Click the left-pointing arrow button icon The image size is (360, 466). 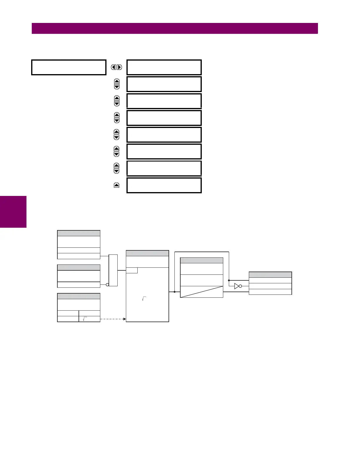tap(114, 67)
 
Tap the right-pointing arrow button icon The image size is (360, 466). tap(119, 67)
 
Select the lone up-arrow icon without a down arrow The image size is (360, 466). tap(116, 185)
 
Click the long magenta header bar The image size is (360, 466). tap(175, 29)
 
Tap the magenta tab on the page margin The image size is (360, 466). tap(13, 212)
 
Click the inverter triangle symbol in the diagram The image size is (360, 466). tap(236, 286)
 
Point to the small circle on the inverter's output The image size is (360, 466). tap(240, 286)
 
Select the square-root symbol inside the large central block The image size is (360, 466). tap(144, 299)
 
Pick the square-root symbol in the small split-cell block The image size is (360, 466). tap(85, 319)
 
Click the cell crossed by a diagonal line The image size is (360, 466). tap(201, 292)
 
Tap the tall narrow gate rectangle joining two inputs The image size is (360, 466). tap(113, 270)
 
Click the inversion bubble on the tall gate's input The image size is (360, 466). tap(107, 285)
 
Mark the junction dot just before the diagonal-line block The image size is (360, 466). tap(175, 292)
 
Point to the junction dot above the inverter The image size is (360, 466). tap(229, 280)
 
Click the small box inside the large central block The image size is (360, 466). tap(132, 270)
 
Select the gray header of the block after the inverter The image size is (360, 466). tap(270, 275)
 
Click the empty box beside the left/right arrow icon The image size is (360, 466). tap(164, 67)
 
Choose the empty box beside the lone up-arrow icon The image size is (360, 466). tap(164, 185)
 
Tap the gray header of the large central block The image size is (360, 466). tap(147, 253)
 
